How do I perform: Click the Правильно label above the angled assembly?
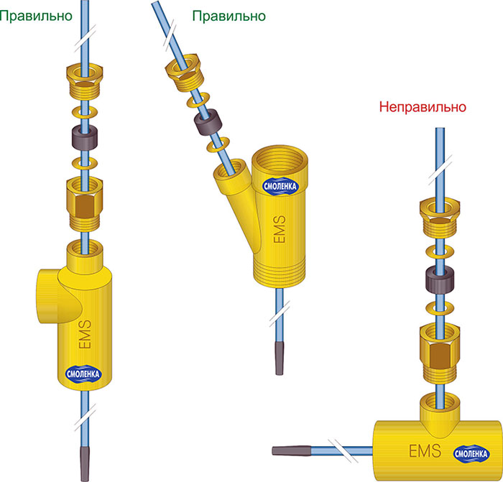click(x=229, y=15)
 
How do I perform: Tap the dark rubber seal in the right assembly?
click(x=438, y=281)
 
